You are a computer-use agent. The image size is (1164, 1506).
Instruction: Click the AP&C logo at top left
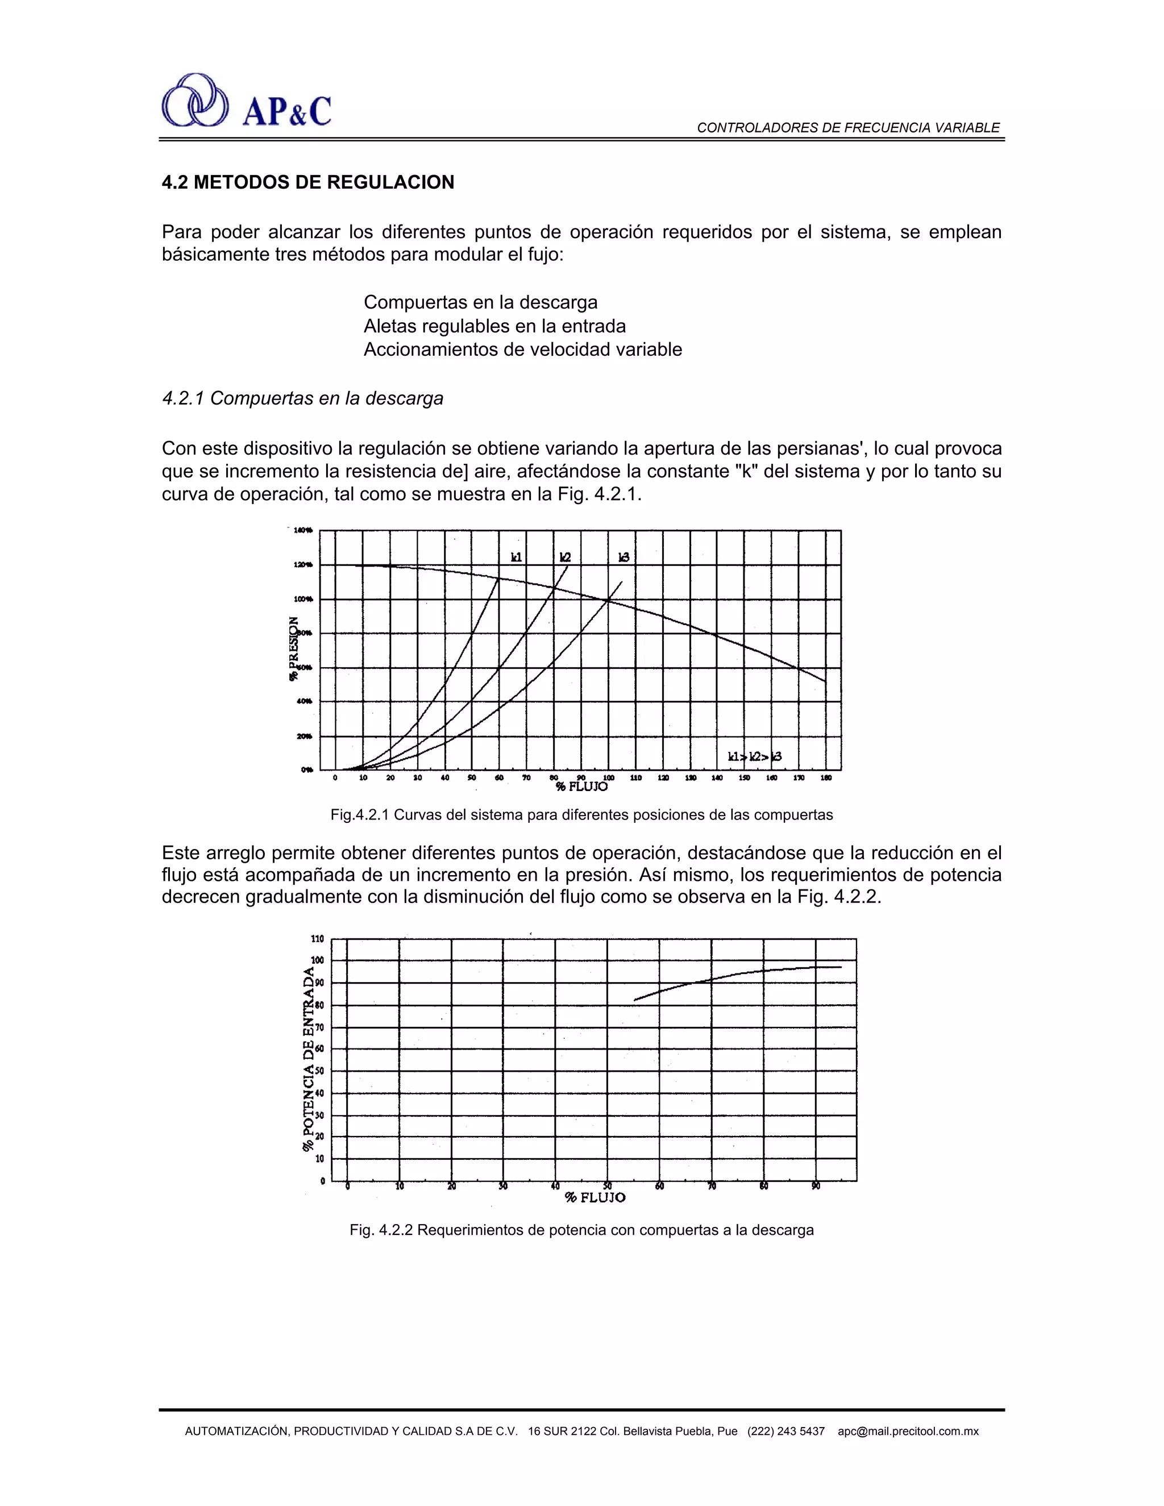246,101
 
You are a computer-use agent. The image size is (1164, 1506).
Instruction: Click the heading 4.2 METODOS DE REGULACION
307,183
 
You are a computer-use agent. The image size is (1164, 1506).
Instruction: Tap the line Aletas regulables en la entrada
494,326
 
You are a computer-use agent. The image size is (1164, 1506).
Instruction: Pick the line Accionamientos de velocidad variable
523,349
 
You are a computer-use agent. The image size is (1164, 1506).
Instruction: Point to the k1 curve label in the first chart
516,556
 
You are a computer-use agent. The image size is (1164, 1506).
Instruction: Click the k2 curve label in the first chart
565,556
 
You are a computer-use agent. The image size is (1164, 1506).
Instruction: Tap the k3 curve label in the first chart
623,556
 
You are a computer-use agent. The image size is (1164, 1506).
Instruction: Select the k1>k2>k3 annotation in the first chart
754,757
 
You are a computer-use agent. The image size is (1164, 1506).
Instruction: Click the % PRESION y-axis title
294,649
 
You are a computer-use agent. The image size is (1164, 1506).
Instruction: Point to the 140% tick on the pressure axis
303,530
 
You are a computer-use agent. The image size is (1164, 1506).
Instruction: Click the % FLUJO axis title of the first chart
582,786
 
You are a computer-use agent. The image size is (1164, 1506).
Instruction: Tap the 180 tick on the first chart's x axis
826,778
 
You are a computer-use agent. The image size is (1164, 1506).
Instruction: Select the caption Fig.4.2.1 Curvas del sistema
581,815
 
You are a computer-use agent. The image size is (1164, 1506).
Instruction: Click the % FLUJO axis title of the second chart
595,1198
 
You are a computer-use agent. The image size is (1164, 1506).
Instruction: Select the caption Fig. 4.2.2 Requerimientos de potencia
581,1230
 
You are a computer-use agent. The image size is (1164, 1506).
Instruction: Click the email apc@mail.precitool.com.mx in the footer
908,1432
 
